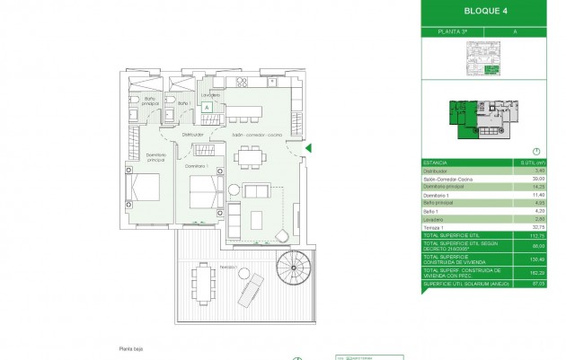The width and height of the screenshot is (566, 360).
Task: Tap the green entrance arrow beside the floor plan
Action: coord(308,148)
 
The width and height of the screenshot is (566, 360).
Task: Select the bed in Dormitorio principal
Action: coord(145,189)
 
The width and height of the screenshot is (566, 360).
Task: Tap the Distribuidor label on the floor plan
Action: coord(193,135)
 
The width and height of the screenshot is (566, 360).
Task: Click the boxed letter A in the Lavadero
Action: coord(207,107)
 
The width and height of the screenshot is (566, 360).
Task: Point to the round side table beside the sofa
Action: coord(234,189)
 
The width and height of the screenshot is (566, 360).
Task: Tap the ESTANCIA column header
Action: coord(436,162)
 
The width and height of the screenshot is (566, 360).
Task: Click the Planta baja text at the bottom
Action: coord(131,348)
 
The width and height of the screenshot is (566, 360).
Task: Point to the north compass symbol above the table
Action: coord(535,152)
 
